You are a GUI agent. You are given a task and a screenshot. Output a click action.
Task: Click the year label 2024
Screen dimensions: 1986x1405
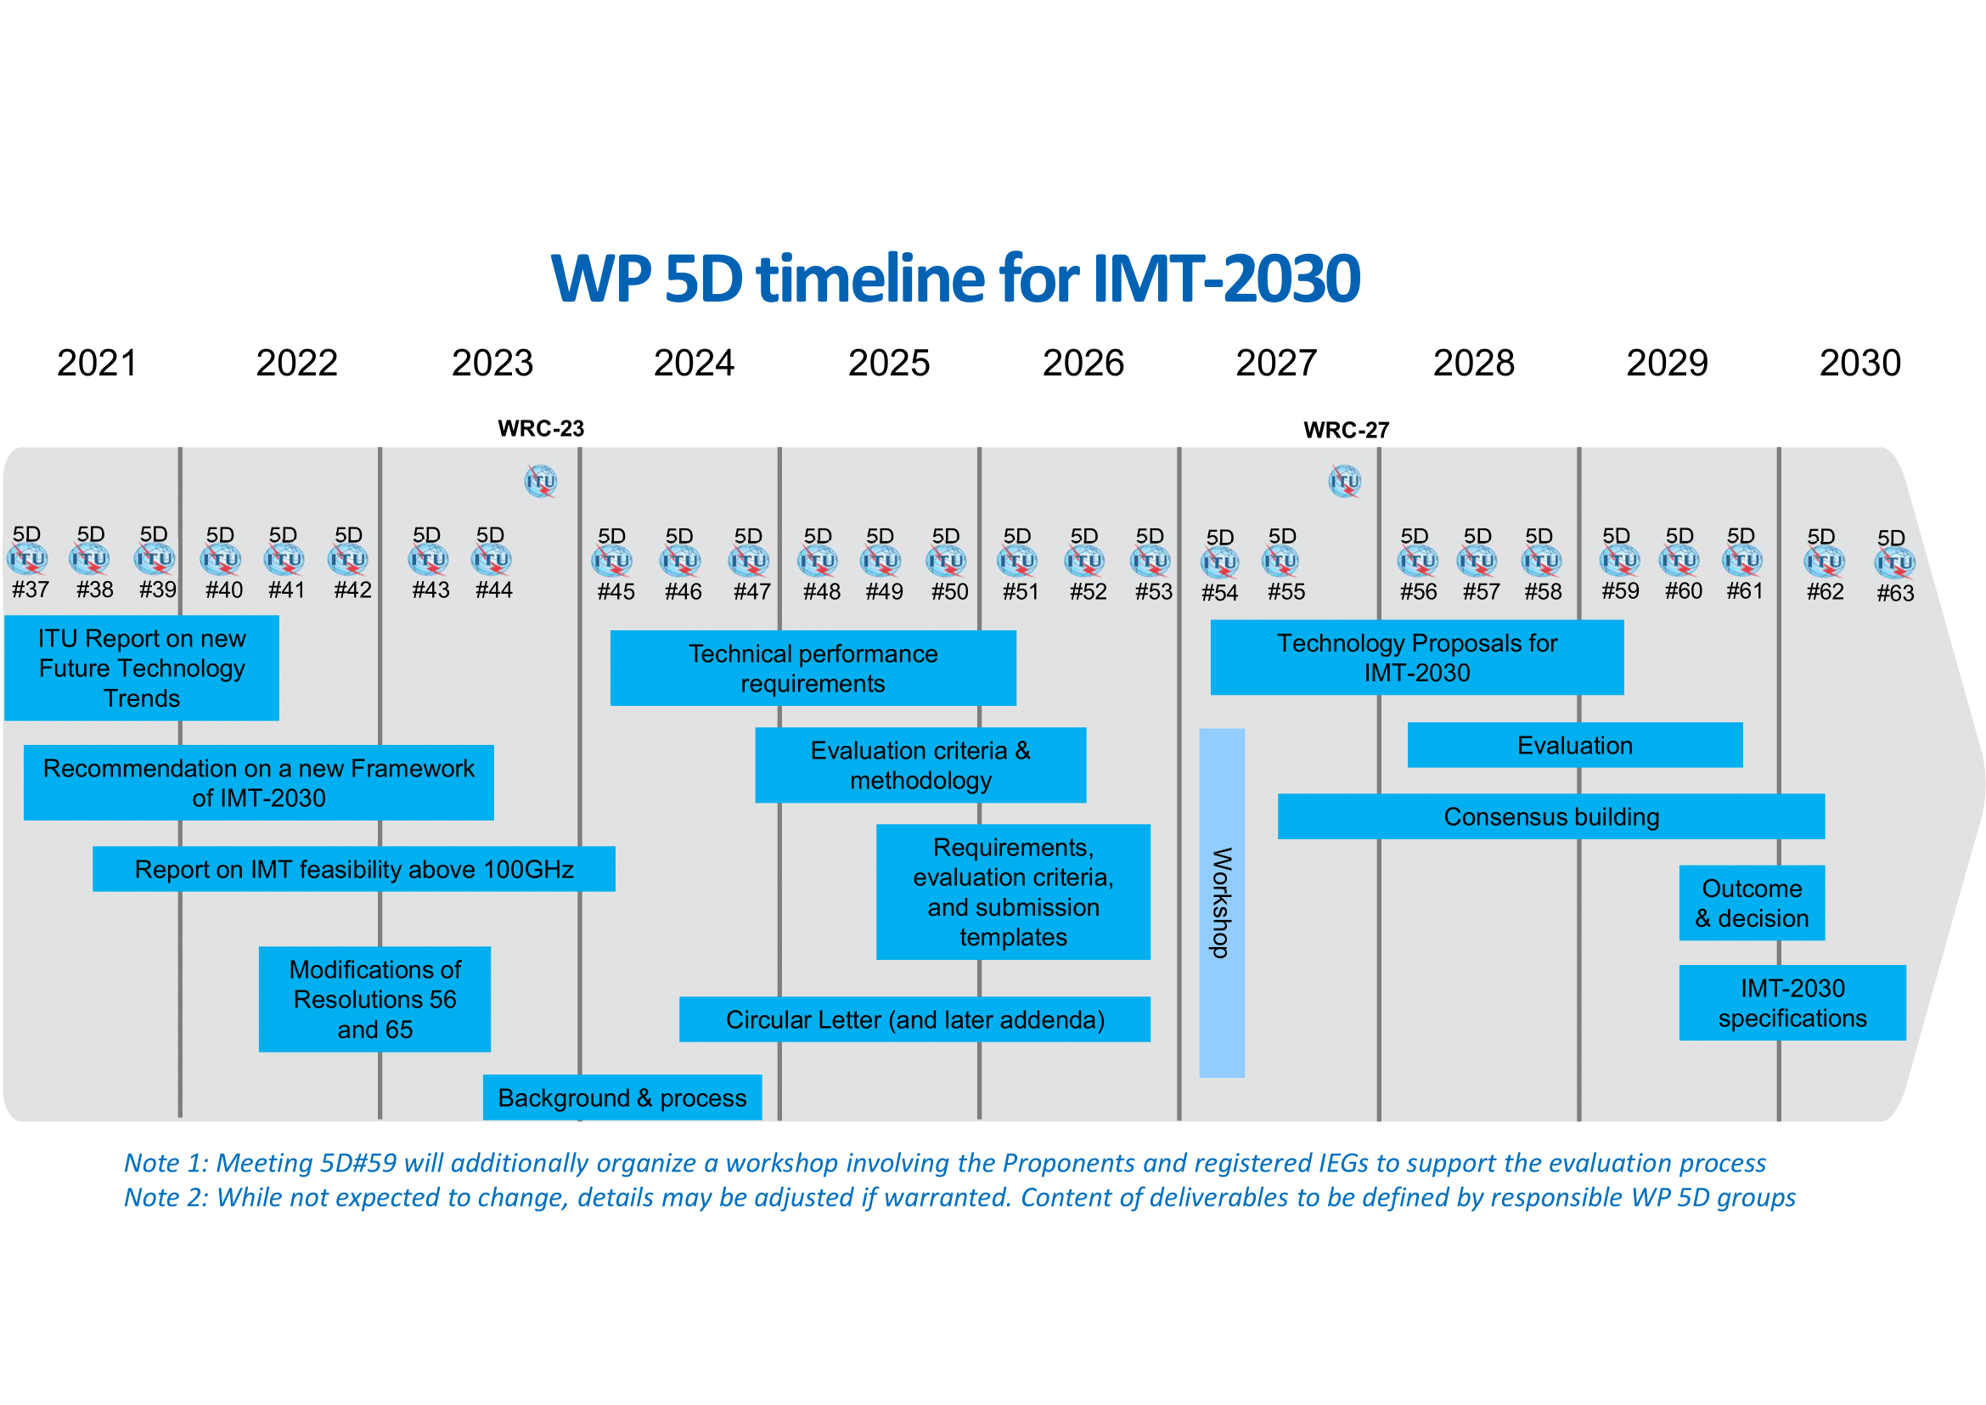pyautogui.click(x=694, y=363)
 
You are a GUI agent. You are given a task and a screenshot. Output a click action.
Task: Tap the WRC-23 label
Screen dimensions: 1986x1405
pyautogui.click(x=541, y=428)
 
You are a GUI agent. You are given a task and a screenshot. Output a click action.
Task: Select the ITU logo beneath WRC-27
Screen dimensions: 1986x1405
pyautogui.click(x=1344, y=481)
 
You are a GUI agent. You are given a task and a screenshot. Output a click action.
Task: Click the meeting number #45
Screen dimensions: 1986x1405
pyautogui.click(x=616, y=592)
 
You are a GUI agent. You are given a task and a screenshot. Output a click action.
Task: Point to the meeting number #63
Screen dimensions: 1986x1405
pyautogui.click(x=1895, y=594)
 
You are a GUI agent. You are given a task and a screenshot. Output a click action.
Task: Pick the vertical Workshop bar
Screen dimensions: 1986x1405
pyautogui.click(x=1221, y=902)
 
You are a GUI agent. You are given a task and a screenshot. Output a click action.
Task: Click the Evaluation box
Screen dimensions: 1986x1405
pyautogui.click(x=1574, y=745)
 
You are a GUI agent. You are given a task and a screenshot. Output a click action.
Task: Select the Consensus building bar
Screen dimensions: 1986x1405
pyautogui.click(x=1551, y=816)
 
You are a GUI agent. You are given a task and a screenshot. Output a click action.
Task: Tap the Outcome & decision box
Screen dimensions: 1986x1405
pyautogui.click(x=1752, y=902)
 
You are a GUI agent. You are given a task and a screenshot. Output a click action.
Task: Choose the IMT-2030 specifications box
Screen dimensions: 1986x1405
pyautogui.click(x=1792, y=1002)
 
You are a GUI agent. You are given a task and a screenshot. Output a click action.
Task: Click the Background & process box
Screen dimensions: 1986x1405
pyautogui.click(x=622, y=1097)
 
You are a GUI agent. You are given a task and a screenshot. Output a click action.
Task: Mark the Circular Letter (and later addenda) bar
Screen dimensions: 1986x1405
pyautogui.click(x=914, y=1019)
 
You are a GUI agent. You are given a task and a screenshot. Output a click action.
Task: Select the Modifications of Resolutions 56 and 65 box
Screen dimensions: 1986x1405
pyautogui.click(x=374, y=999)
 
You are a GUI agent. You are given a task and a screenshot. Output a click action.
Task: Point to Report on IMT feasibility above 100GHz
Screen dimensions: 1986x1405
pyautogui.click(x=354, y=869)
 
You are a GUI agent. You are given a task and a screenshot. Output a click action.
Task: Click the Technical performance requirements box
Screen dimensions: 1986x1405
pyautogui.click(x=813, y=668)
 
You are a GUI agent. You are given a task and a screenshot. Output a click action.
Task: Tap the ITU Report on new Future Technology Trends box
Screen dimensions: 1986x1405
pyautogui.click(x=142, y=668)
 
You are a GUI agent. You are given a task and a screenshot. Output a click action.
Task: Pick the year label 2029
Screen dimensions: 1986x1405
pyautogui.click(x=1667, y=363)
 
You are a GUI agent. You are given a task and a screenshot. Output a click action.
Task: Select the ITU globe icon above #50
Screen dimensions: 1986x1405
pyautogui.click(x=945, y=561)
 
